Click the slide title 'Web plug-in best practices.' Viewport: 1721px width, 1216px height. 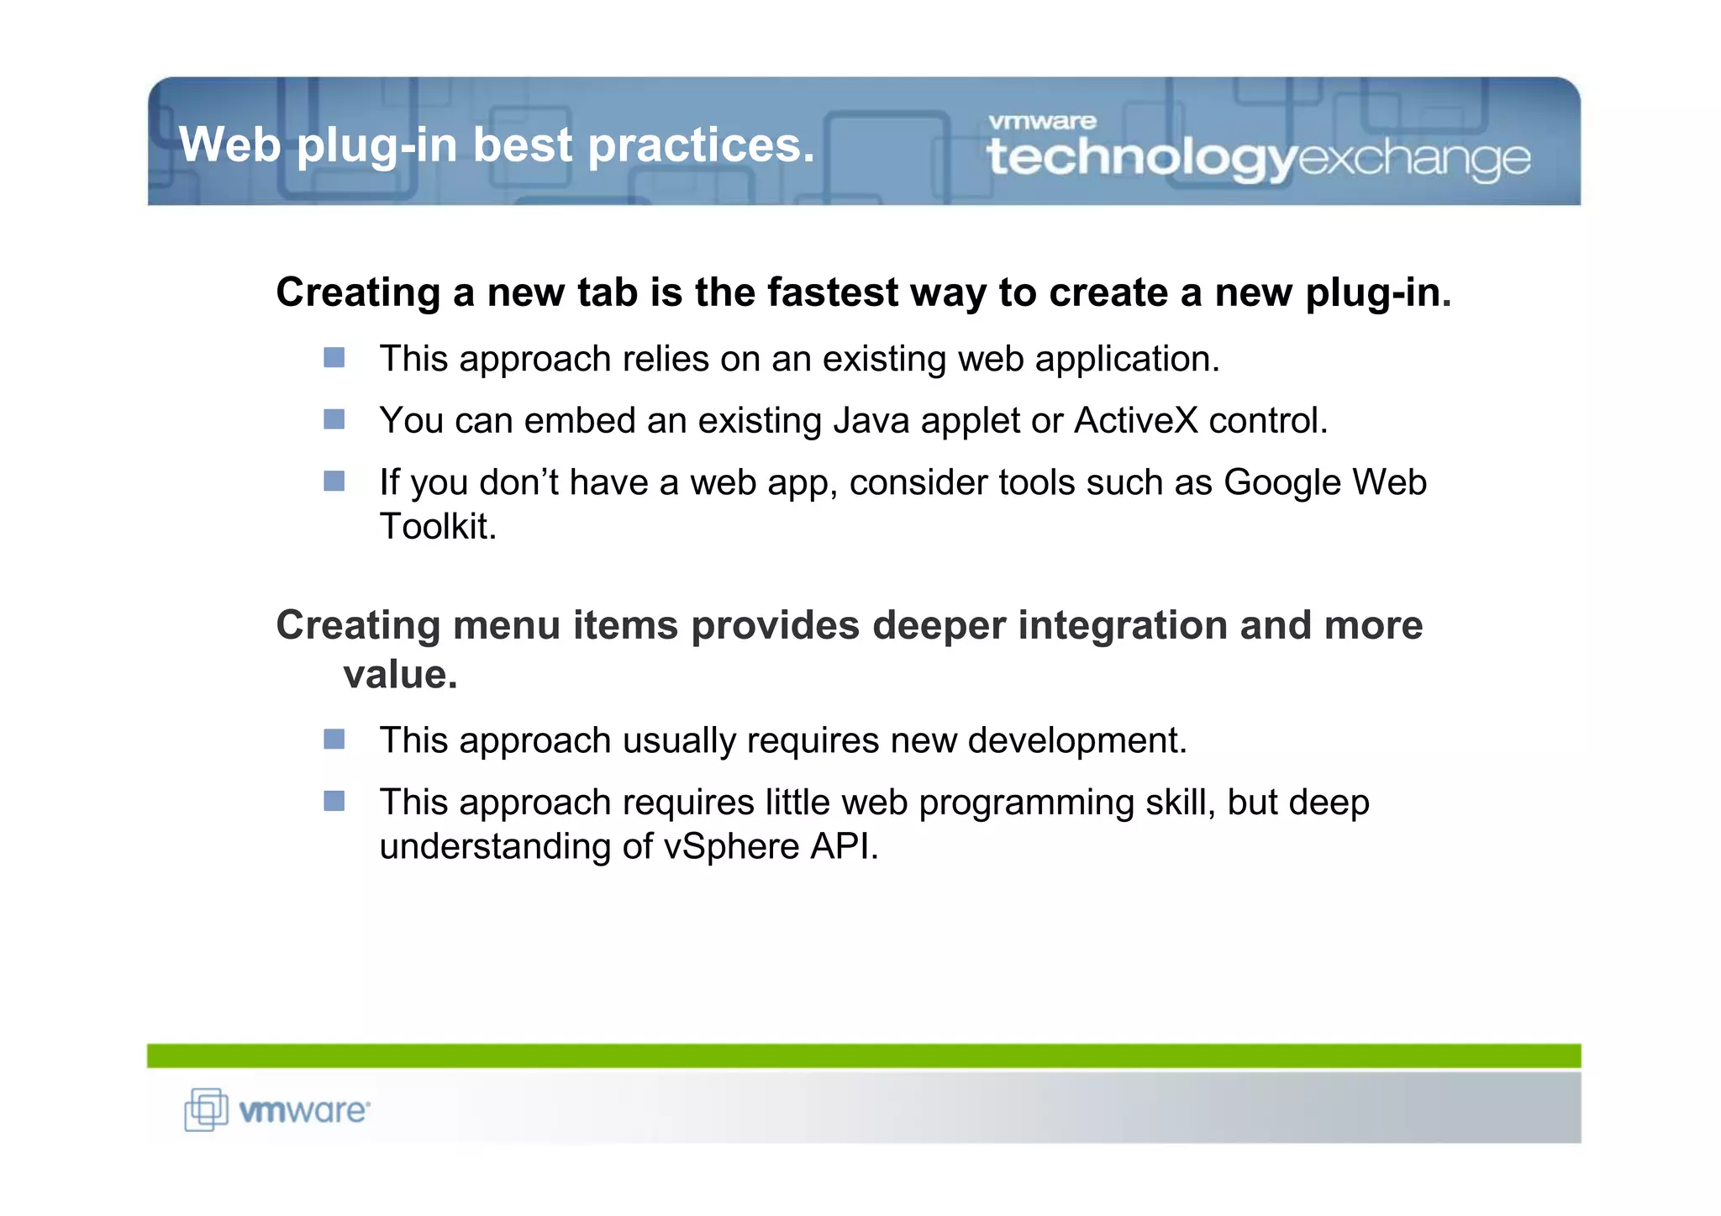pos(497,145)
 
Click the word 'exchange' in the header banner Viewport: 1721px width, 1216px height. pos(1414,158)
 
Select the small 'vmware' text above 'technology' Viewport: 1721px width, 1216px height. pos(1042,122)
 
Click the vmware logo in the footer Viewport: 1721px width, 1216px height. pos(303,1111)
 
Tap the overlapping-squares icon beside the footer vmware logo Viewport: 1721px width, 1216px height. pos(206,1109)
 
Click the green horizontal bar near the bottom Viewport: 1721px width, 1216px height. pos(863,1055)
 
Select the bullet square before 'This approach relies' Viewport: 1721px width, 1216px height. pos(334,358)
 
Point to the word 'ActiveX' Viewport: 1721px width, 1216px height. pos(1135,420)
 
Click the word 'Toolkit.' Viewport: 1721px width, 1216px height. pos(438,527)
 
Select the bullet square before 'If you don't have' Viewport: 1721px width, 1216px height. pos(334,481)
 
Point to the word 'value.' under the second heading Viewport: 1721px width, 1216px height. pos(400,674)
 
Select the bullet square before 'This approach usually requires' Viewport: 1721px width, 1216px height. pos(334,740)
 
